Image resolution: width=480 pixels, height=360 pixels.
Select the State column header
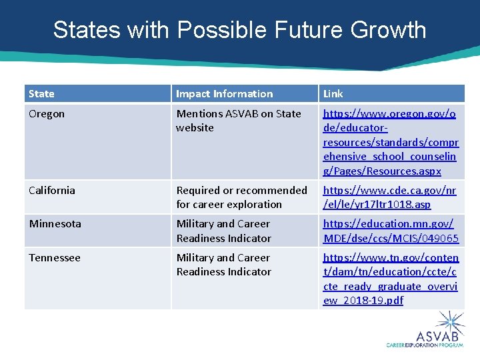pyautogui.click(x=42, y=94)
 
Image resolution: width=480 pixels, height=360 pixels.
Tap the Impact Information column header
pyautogui.click(x=224, y=94)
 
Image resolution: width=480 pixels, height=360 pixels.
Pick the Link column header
pyautogui.click(x=333, y=94)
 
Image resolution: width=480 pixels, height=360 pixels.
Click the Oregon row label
pyautogui.click(x=47, y=114)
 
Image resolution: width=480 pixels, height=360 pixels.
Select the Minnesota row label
pyautogui.click(x=55, y=224)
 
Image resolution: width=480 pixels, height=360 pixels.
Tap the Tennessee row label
pyautogui.click(x=55, y=258)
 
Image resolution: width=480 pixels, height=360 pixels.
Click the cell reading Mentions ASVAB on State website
pyautogui.click(x=238, y=121)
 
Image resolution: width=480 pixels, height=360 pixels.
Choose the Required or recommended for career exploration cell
pyautogui.click(x=241, y=197)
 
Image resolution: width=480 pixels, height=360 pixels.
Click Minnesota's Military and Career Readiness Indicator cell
pyautogui.click(x=223, y=231)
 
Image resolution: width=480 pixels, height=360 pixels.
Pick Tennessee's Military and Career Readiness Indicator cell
pyautogui.click(x=223, y=265)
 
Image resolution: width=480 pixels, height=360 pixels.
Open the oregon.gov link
pyautogui.click(x=390, y=142)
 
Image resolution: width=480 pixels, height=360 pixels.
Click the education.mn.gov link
pyautogui.click(x=391, y=231)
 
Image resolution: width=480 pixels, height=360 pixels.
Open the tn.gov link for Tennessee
pyautogui.click(x=390, y=279)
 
